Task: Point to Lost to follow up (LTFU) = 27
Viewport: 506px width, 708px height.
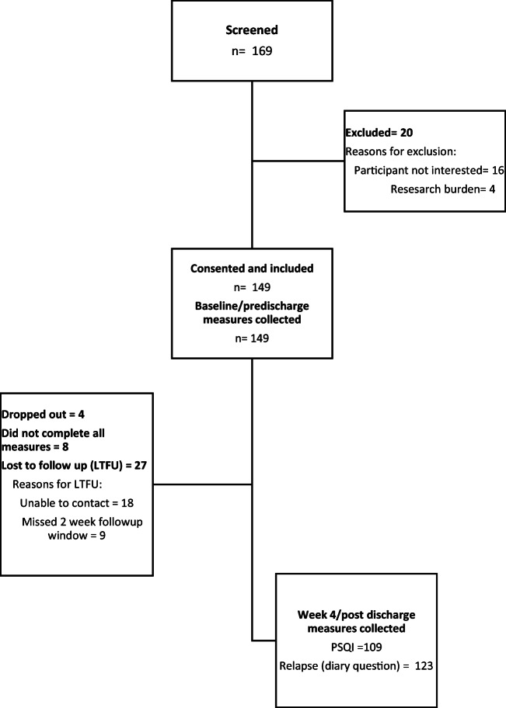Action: click(75, 466)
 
